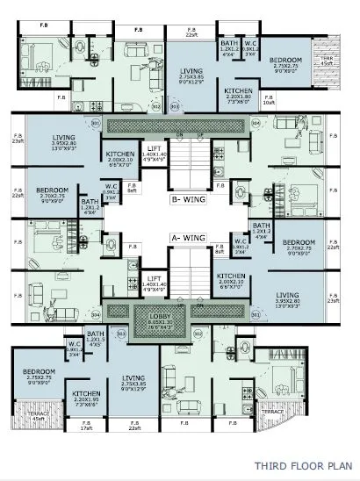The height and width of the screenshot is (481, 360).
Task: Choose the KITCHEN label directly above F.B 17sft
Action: (87, 396)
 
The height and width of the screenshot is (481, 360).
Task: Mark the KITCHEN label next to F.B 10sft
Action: (239, 94)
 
